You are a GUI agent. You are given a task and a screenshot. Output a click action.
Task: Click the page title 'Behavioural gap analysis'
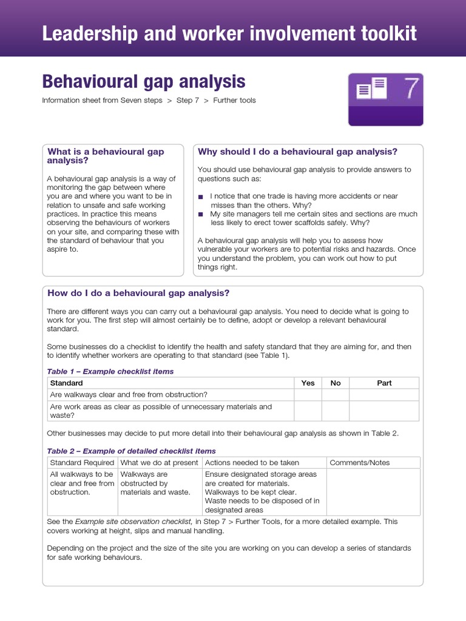tap(143, 81)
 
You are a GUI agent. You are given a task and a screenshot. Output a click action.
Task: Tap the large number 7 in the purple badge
tap(411, 89)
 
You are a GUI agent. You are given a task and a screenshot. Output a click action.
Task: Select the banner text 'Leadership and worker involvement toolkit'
tap(229, 33)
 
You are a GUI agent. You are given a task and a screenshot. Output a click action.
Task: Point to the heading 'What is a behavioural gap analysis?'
tap(106, 156)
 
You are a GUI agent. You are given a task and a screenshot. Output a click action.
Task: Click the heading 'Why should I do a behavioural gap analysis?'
tap(297, 152)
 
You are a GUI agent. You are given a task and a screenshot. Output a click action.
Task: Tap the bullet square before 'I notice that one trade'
tap(201, 196)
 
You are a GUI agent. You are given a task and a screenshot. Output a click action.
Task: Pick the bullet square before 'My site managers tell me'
tap(201, 214)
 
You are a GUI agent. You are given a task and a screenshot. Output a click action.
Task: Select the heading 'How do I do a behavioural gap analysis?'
tap(138, 293)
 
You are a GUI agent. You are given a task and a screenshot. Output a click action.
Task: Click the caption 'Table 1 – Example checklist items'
tap(110, 371)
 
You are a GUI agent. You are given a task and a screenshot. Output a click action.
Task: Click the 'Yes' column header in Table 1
tap(308, 383)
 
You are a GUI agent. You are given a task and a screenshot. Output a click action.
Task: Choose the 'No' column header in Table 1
tap(336, 383)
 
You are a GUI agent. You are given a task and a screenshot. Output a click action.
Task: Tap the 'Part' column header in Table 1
tap(384, 383)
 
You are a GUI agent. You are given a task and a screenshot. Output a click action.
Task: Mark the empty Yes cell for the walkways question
tap(308, 395)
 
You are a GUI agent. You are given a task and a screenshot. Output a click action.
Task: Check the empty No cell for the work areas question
tap(336, 411)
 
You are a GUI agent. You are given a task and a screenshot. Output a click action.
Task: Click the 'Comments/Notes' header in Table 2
tap(359, 463)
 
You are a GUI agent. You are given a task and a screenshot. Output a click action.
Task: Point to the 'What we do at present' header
tap(160, 463)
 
